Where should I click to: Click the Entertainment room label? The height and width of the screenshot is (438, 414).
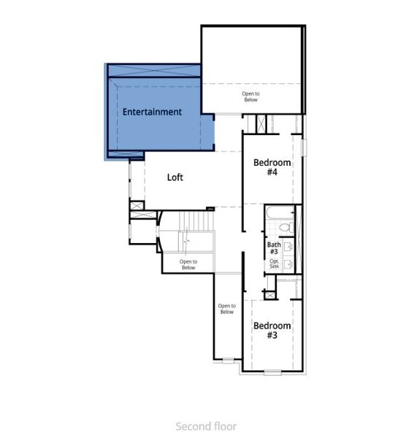pyautogui.click(x=152, y=112)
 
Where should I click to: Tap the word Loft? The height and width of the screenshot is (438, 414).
pyautogui.click(x=175, y=177)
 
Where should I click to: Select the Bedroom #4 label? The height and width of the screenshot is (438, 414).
pyautogui.click(x=272, y=167)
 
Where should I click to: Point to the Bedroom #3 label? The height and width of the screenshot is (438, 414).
pyautogui.click(x=272, y=330)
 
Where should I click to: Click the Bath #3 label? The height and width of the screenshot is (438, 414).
pyautogui.click(x=274, y=248)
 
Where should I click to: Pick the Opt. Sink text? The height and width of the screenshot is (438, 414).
pyautogui.click(x=275, y=264)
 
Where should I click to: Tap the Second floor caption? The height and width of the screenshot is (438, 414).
pyautogui.click(x=206, y=426)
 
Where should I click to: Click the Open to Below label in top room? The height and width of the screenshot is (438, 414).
pyautogui.click(x=250, y=96)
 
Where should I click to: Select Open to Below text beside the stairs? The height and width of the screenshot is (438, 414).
pyautogui.click(x=188, y=264)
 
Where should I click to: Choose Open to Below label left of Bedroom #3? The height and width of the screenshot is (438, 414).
pyautogui.click(x=226, y=309)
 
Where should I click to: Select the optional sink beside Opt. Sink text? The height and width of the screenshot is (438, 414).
pyautogui.click(x=288, y=264)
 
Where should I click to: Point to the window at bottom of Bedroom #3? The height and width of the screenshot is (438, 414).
pyautogui.click(x=272, y=372)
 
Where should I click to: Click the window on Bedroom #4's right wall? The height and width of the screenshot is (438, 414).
pyautogui.click(x=306, y=151)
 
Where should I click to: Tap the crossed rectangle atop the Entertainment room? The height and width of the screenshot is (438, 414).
pyautogui.click(x=153, y=70)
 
